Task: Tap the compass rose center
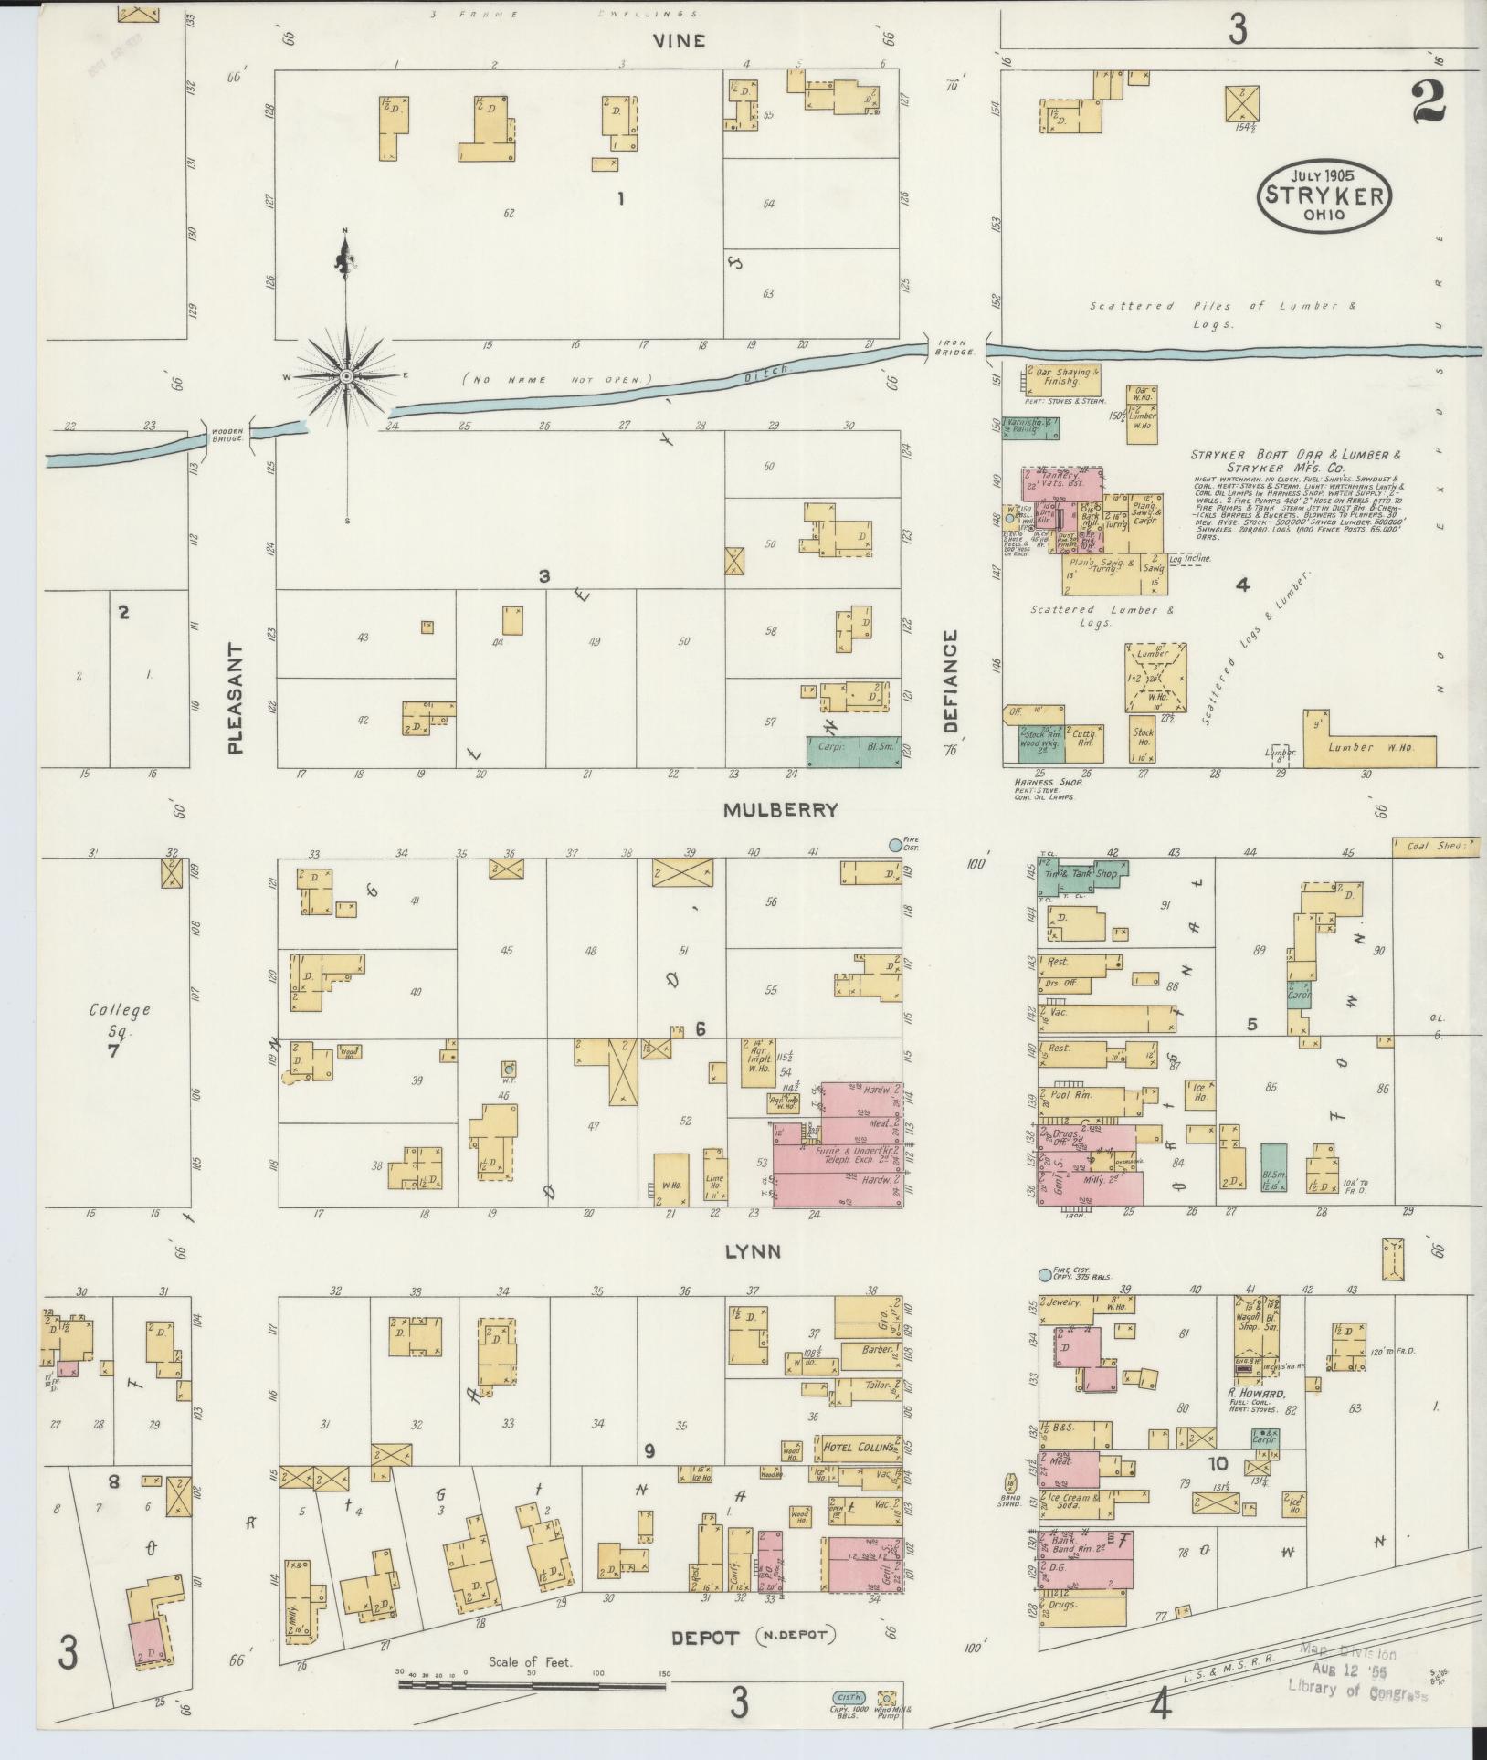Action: point(347,376)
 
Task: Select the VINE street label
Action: point(679,40)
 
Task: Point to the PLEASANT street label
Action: point(236,698)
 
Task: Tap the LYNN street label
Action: point(752,1251)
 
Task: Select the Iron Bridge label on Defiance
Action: point(954,348)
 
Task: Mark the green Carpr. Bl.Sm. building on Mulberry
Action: point(853,751)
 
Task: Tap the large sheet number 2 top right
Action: point(1428,102)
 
